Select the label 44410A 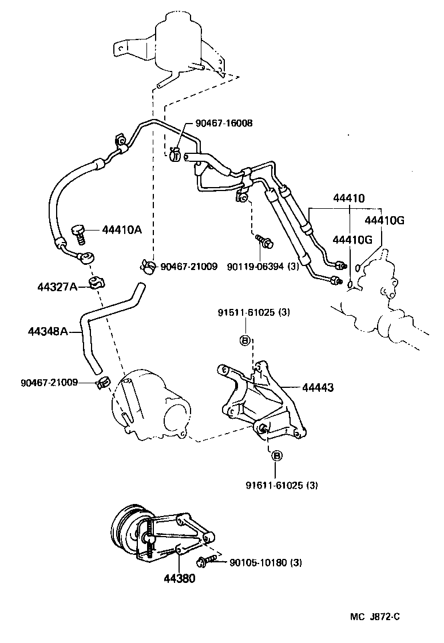coord(122,229)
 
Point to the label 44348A coord(48,331)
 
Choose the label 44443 coord(318,388)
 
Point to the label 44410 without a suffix coord(349,198)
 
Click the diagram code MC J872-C coord(375,616)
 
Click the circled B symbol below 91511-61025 coord(243,340)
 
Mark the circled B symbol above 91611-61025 coord(276,456)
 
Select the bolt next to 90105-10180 coord(208,561)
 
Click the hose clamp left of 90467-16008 coord(175,153)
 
